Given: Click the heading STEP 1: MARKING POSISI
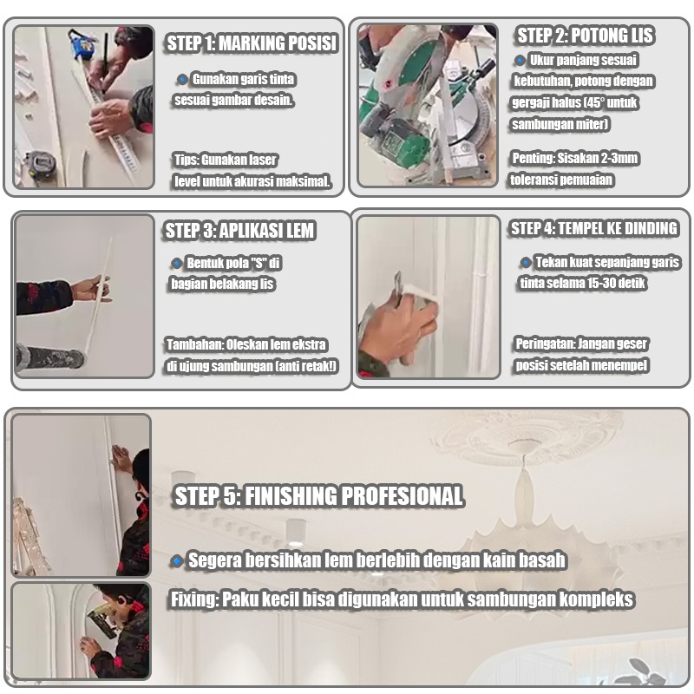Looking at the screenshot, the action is [x=252, y=43].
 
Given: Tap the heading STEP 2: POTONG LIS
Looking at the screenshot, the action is [x=585, y=36].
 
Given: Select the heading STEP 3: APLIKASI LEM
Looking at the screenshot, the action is [x=239, y=231].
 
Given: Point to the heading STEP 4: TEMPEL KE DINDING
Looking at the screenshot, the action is [x=594, y=228].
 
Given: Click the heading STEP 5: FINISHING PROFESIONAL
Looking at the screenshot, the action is [x=318, y=495].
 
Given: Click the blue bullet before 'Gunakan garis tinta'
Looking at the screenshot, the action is [x=182, y=80].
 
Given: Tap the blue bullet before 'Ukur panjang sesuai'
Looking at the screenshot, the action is [x=520, y=60].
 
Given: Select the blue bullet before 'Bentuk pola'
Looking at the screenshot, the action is [x=177, y=264].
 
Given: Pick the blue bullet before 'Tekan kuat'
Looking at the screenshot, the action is [x=526, y=263].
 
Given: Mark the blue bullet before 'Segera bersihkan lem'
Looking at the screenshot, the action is [x=177, y=561].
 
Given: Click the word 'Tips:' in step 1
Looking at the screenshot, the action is [x=186, y=160].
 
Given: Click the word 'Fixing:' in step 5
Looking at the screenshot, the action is [x=194, y=599].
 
